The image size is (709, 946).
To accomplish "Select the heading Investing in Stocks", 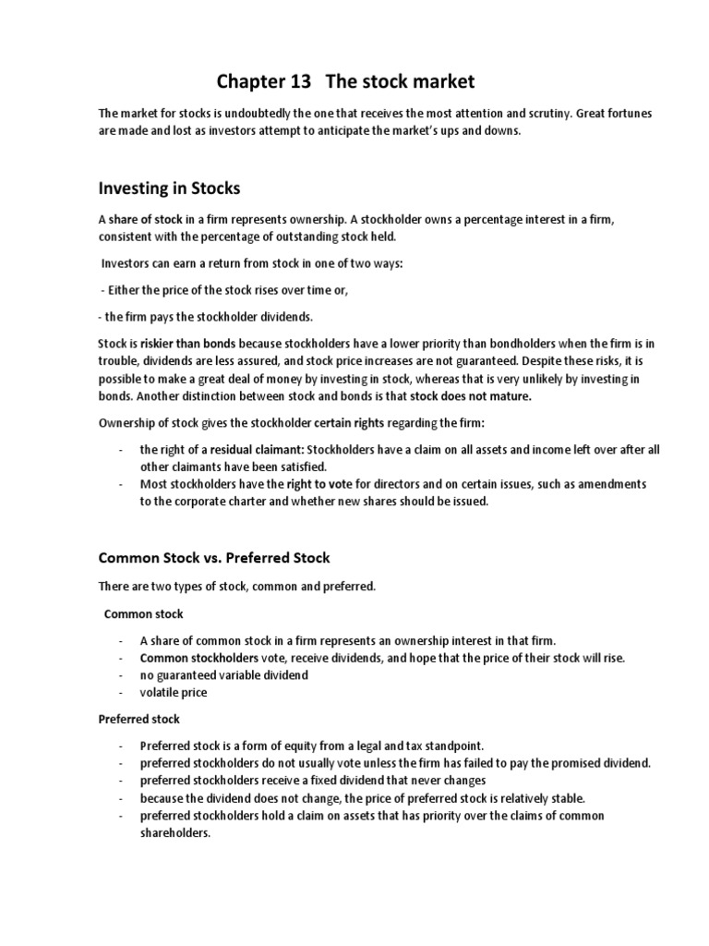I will (x=169, y=188).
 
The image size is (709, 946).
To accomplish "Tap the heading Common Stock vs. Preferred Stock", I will (x=214, y=558).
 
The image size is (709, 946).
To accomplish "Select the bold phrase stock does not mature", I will (x=487, y=396).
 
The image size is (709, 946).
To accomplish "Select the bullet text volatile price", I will (x=174, y=692).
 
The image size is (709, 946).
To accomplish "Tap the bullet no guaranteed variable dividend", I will (x=223, y=674).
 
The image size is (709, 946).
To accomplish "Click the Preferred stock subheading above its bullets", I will (x=139, y=718).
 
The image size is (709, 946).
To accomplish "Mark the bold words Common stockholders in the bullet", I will (x=198, y=658).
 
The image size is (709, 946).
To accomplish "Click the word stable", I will (x=541, y=797).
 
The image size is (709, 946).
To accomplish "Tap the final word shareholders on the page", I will (x=175, y=832).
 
